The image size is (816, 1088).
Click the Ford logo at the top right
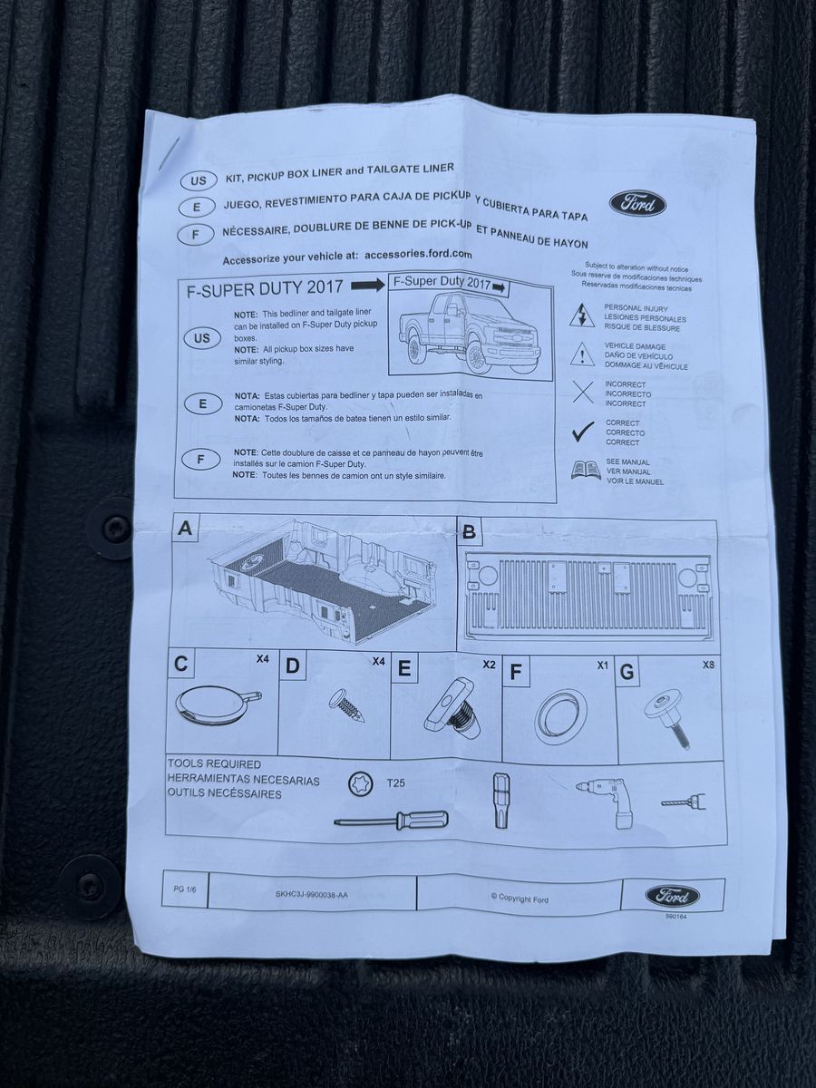click(x=637, y=204)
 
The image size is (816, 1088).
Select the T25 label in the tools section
click(x=395, y=783)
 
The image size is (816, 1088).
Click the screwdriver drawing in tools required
click(x=392, y=820)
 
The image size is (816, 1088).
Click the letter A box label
click(x=184, y=529)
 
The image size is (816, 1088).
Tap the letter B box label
click(x=469, y=532)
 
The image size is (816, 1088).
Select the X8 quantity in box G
click(x=708, y=665)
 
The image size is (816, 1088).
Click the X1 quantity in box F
click(x=602, y=665)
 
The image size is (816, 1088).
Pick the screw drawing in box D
click(x=348, y=704)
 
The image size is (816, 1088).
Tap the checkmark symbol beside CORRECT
click(x=583, y=431)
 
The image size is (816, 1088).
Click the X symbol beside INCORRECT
click(x=583, y=392)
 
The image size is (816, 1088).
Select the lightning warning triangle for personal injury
click(x=582, y=316)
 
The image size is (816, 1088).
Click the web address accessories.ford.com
click(x=418, y=254)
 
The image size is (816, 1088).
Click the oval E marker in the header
click(x=197, y=208)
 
